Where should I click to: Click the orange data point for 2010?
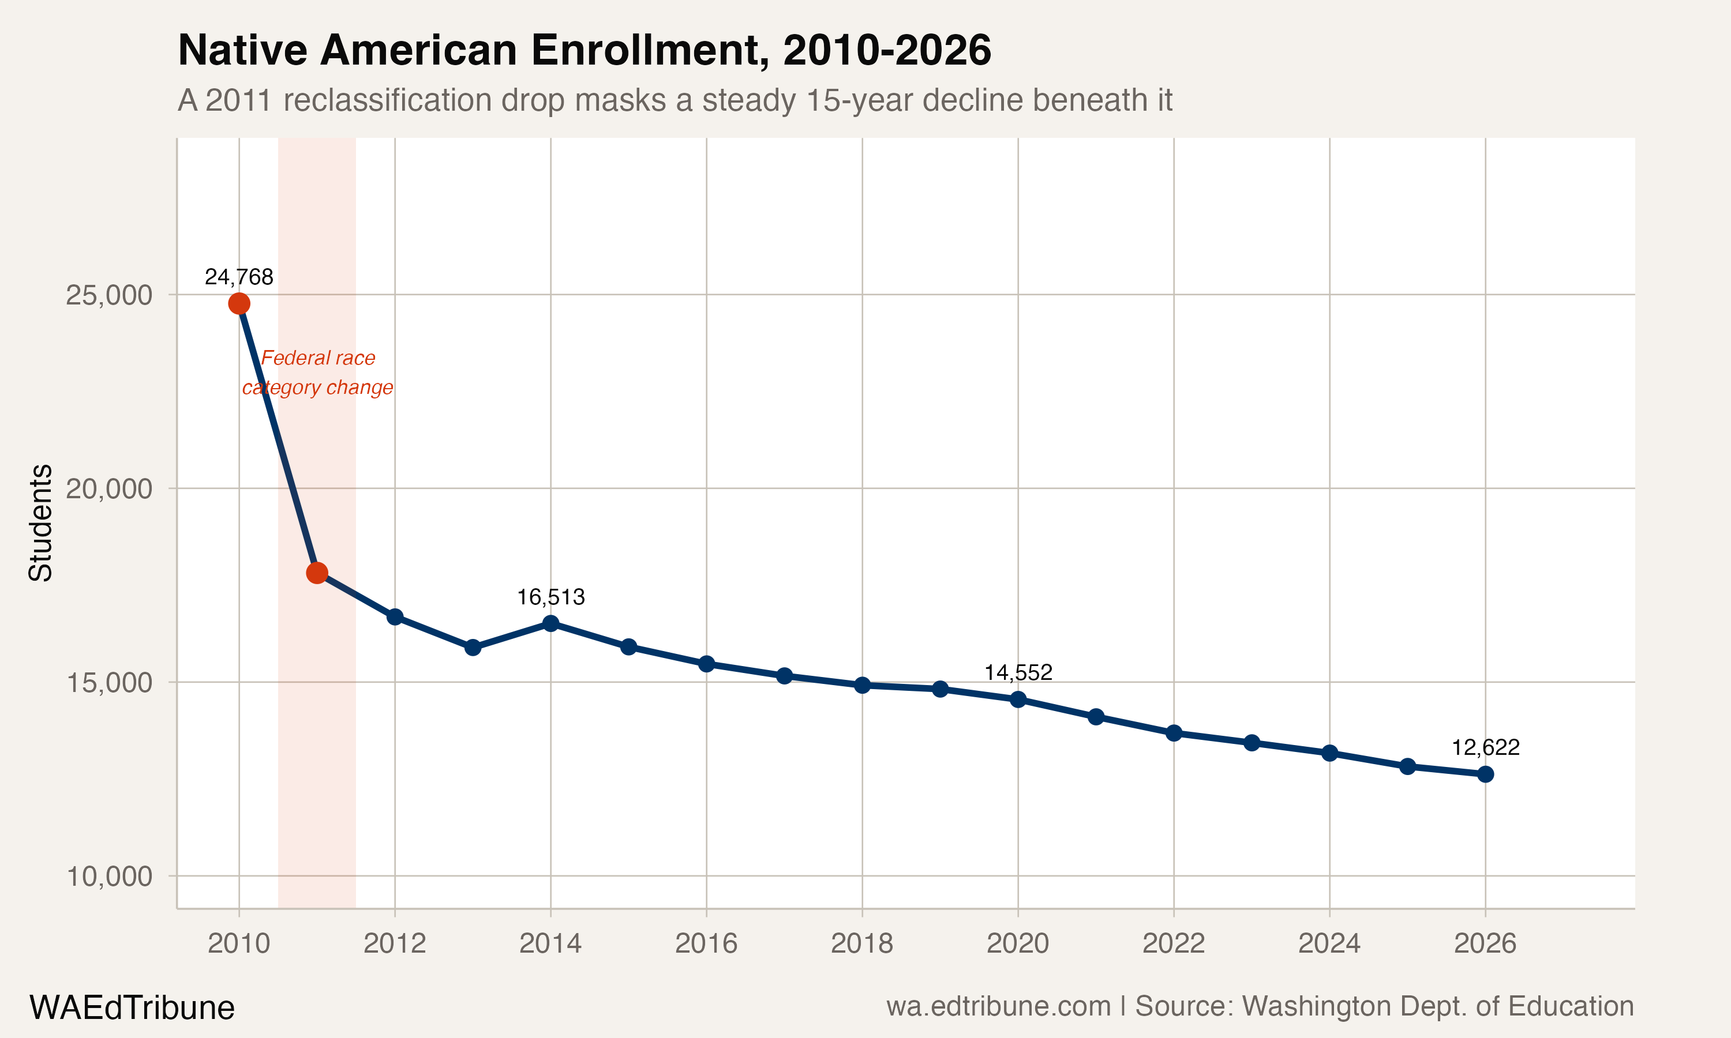pyautogui.click(x=239, y=303)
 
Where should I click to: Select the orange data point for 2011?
pyautogui.click(x=317, y=573)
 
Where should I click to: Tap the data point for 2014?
pyautogui.click(x=550, y=623)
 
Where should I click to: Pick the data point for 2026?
pyautogui.click(x=1485, y=774)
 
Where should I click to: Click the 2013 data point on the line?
pyautogui.click(x=473, y=648)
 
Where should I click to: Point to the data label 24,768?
pyautogui.click(x=239, y=277)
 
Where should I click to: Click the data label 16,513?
pyautogui.click(x=550, y=597)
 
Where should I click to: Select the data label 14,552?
pyautogui.click(x=1018, y=673)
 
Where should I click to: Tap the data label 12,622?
pyautogui.click(x=1485, y=748)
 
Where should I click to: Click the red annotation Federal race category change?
pyautogui.click(x=318, y=373)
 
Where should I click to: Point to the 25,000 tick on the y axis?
pyautogui.click(x=109, y=295)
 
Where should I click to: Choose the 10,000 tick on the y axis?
pyautogui.click(x=109, y=877)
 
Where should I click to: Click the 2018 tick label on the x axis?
pyautogui.click(x=862, y=943)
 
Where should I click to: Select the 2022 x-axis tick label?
pyautogui.click(x=1174, y=943)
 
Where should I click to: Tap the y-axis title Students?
pyautogui.click(x=40, y=522)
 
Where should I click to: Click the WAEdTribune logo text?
pyautogui.click(x=132, y=1008)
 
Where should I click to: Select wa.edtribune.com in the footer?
pyautogui.click(x=998, y=1006)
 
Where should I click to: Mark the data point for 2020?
pyautogui.click(x=1018, y=699)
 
